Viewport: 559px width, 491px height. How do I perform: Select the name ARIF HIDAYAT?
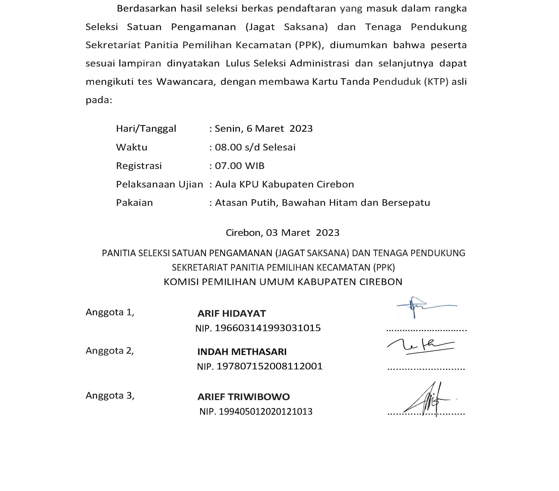coord(232,313)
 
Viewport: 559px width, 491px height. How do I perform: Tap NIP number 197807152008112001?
coord(269,366)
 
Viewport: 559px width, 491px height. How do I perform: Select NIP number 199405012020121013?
coord(265,412)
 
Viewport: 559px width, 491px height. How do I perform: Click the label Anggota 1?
coord(110,312)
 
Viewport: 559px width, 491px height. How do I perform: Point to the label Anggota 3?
coord(110,396)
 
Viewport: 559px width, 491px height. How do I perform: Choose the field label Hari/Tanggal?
coord(146,129)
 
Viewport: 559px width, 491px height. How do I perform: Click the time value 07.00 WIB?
coord(240,166)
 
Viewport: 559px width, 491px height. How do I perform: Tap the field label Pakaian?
coord(134,203)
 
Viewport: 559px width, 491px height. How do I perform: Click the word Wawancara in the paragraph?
coord(186,82)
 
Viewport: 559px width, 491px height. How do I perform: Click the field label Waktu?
coord(132,147)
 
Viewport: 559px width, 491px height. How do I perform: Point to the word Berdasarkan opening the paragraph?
coord(146,9)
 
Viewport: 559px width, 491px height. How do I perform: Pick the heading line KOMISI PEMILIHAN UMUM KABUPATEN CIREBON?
coord(283,282)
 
